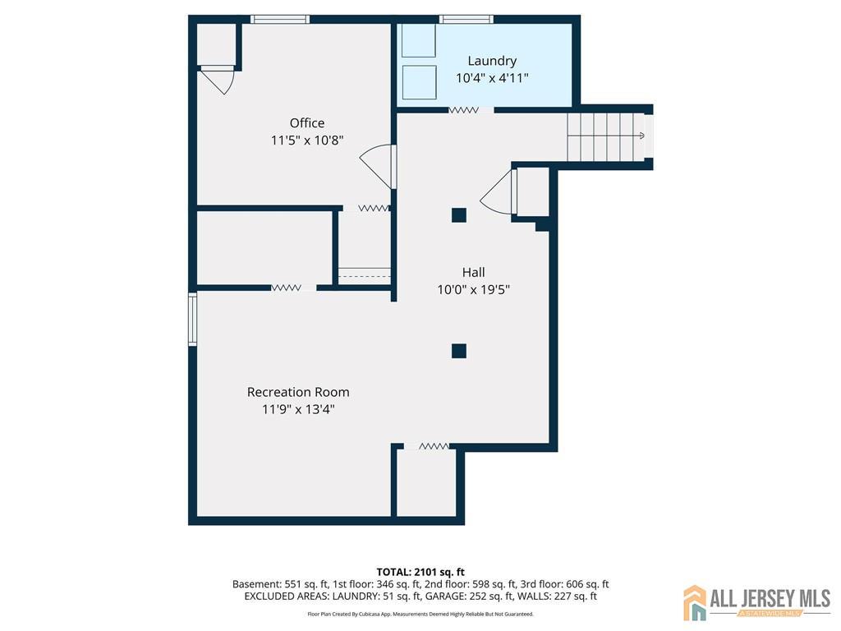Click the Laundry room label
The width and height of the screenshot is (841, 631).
click(492, 61)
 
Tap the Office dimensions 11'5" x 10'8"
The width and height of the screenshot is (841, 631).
click(307, 140)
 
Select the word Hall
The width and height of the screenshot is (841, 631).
click(474, 272)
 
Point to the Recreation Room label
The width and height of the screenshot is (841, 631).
click(298, 392)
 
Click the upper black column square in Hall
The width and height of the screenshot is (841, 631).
click(458, 215)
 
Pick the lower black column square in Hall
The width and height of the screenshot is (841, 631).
click(458, 351)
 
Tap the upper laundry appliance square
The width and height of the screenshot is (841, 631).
click(419, 40)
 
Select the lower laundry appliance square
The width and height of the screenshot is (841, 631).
click(419, 82)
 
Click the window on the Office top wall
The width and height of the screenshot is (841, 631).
click(280, 20)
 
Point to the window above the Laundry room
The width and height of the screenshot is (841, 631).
click(466, 20)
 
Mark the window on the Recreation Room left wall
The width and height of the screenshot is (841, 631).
click(192, 319)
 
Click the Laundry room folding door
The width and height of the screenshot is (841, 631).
click(463, 110)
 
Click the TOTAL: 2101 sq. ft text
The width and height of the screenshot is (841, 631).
click(420, 572)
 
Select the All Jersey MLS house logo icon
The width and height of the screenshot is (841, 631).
click(695, 602)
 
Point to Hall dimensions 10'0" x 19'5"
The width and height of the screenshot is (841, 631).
click(474, 290)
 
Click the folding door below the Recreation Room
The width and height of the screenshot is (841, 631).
click(434, 446)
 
